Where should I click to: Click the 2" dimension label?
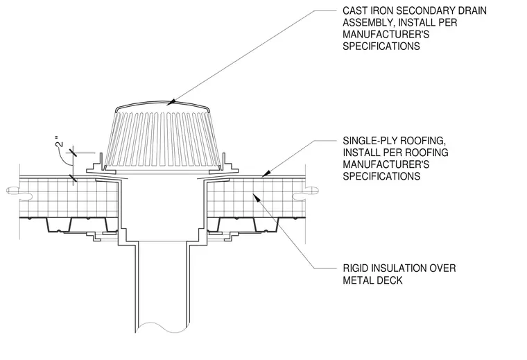pos(60,142)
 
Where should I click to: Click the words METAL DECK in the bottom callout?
pos(372,280)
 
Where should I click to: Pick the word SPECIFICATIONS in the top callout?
pos(381,46)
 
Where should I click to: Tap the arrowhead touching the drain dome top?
pos(171,101)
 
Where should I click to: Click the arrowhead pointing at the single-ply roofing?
pos(266,173)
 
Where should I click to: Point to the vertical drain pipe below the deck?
pos(162,286)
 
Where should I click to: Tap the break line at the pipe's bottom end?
pos(162,327)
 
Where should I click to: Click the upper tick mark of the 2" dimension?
pos(73,153)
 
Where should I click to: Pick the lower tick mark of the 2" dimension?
pos(73,178)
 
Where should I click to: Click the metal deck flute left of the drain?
pos(59,225)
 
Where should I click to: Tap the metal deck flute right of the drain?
pos(266,225)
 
